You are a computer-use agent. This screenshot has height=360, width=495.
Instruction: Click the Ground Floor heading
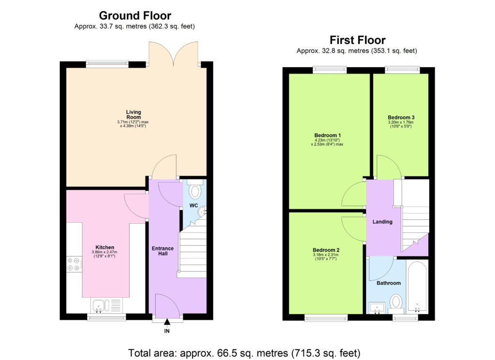pos(135,16)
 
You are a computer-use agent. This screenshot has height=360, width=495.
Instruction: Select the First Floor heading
pos(357,40)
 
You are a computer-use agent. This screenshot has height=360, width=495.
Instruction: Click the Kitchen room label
pos(105,247)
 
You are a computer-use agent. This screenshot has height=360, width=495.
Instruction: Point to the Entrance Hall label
pos(163,251)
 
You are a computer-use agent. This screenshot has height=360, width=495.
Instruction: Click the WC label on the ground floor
pos(193,206)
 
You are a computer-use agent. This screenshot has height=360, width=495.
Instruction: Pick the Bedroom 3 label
pos(401,117)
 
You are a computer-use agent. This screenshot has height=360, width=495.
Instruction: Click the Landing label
pos(382,222)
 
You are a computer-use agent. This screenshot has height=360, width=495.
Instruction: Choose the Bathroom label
pos(389,283)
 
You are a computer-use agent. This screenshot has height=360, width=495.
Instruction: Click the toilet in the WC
pos(195,191)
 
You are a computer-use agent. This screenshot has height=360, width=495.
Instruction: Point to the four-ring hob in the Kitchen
pos(74,264)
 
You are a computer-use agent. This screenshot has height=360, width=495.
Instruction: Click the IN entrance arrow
pos(167,322)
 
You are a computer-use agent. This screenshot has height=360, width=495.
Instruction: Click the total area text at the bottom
pos(244,352)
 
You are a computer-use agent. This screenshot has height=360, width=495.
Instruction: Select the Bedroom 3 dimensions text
pos(401,125)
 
